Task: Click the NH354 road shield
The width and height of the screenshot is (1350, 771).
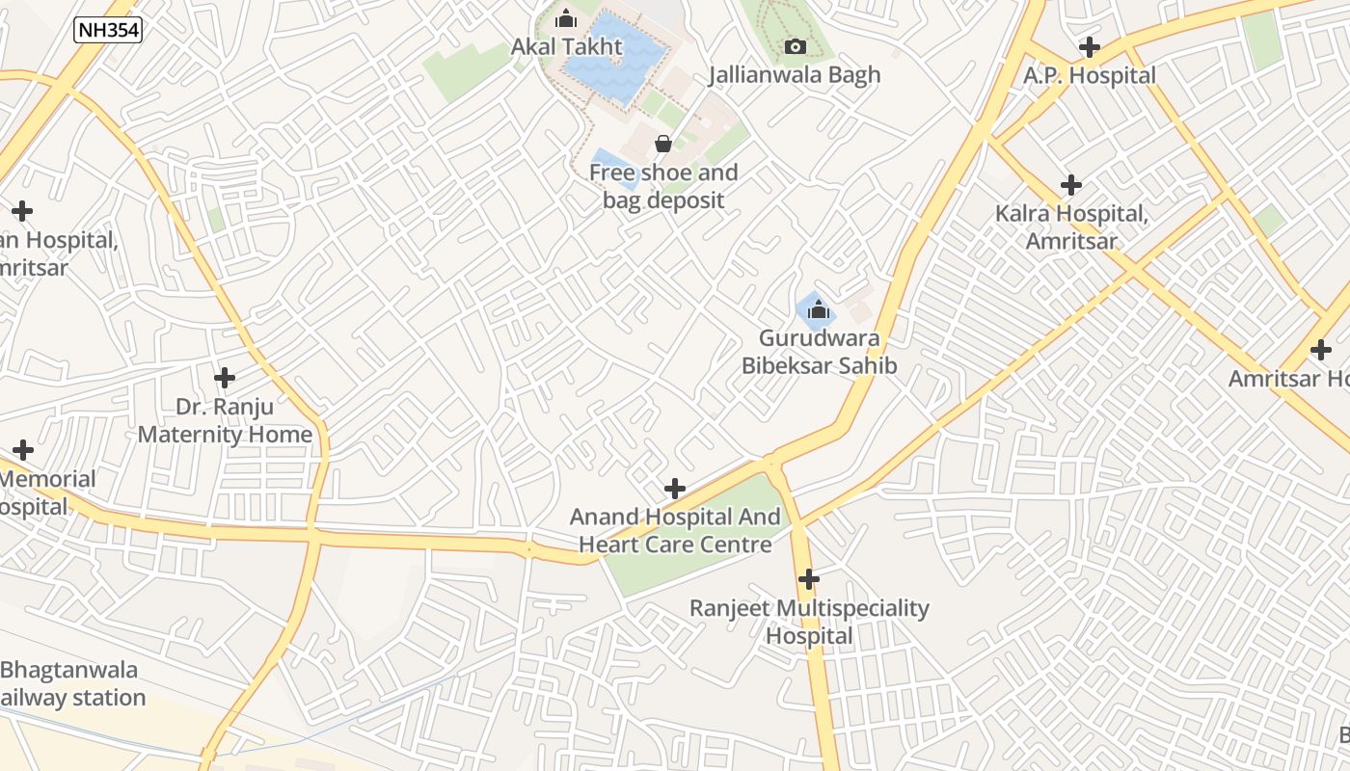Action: click(108, 30)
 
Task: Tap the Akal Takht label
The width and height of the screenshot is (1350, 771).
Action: click(567, 46)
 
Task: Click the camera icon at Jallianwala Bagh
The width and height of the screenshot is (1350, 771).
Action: click(796, 46)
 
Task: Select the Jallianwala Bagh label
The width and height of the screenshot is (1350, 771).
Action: click(796, 75)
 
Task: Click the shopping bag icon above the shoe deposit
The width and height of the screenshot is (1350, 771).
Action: click(663, 145)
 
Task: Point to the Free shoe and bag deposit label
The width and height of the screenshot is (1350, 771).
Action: click(663, 186)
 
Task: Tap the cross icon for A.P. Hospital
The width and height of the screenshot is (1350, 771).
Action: click(1090, 46)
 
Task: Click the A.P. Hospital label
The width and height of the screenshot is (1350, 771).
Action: click(1090, 75)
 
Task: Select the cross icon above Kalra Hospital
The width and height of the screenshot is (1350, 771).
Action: click(1071, 185)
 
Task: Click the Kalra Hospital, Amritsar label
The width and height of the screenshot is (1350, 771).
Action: click(1071, 226)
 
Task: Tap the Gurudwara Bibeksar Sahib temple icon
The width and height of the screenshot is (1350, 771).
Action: click(819, 309)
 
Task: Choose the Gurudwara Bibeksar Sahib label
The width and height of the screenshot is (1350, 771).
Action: click(819, 352)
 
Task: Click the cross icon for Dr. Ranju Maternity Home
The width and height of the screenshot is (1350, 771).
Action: click(225, 378)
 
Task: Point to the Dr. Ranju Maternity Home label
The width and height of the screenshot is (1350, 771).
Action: click(225, 420)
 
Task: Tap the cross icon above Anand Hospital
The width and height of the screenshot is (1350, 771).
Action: click(675, 489)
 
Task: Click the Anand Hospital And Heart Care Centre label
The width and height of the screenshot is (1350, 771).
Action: click(675, 530)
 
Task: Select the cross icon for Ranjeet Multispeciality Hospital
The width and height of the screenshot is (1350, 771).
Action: click(809, 579)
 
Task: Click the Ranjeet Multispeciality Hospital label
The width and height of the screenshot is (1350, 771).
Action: click(809, 622)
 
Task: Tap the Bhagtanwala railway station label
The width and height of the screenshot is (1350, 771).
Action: click(72, 683)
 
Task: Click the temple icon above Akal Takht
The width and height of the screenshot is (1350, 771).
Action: click(566, 18)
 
